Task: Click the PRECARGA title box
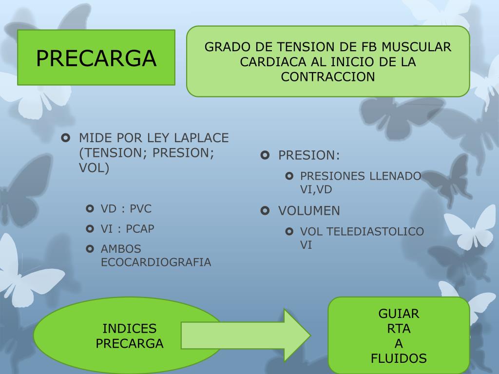(x=96, y=57)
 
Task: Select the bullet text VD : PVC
(x=126, y=209)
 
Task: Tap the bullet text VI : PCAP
(x=128, y=229)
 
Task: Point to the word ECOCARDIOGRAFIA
(x=156, y=262)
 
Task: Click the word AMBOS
(x=121, y=249)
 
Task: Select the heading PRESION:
(x=309, y=155)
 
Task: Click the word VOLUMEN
(x=309, y=211)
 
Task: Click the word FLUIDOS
(x=399, y=359)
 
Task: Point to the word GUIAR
(x=399, y=314)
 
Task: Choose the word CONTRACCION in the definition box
(x=328, y=77)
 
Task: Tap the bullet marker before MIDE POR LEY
(x=66, y=138)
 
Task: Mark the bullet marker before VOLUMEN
(x=265, y=211)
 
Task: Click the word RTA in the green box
(x=399, y=329)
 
